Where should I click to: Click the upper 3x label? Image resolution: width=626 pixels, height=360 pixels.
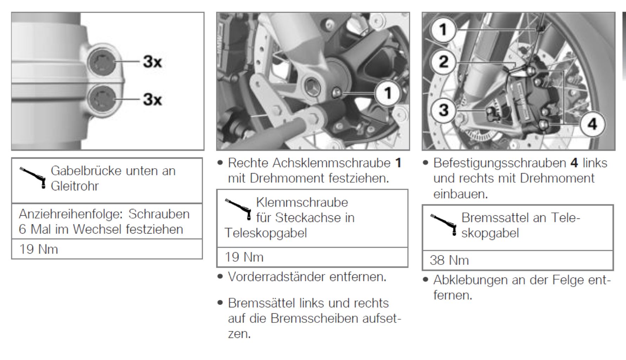coord(152,62)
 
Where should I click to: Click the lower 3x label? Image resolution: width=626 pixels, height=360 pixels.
coord(152,99)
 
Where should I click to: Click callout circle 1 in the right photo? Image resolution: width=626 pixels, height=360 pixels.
coord(443,30)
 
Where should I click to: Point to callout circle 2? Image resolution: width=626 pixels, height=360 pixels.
coord(443,62)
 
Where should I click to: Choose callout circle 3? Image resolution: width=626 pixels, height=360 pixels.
coord(443,110)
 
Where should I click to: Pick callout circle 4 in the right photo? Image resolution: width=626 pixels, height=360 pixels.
coord(592,124)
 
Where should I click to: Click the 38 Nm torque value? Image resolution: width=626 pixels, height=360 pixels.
coord(449,260)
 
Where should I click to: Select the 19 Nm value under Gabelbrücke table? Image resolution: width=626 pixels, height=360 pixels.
coord(38,249)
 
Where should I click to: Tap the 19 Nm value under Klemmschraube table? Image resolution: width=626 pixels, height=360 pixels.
coord(244,257)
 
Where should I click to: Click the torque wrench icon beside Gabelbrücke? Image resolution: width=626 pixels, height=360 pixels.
coord(33,178)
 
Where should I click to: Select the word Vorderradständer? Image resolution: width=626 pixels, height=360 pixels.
coord(275,277)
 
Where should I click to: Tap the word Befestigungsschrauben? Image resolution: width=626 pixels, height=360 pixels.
coord(498,163)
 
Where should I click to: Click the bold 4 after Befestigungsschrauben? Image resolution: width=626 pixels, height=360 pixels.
coord(574,163)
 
